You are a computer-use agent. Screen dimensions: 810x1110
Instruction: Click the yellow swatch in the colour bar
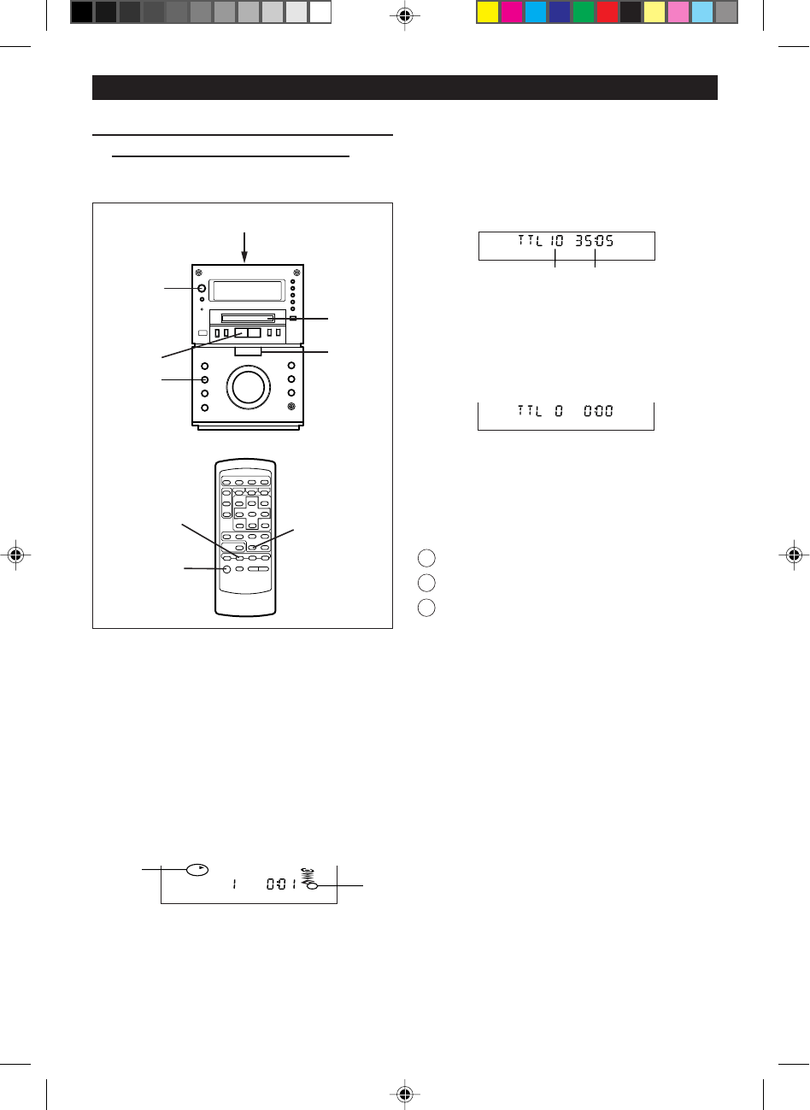click(x=488, y=12)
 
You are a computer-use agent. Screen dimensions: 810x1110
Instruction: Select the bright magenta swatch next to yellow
click(x=512, y=12)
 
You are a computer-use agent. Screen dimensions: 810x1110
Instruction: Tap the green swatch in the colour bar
click(x=583, y=12)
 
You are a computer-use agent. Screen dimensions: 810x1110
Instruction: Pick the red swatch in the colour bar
click(x=607, y=12)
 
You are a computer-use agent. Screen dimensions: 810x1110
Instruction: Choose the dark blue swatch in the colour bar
click(x=560, y=12)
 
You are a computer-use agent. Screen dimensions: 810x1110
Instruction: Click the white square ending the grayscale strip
click(x=320, y=12)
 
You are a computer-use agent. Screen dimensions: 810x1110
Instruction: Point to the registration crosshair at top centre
click(x=405, y=16)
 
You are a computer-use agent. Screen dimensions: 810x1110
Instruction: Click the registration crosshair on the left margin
click(x=16, y=555)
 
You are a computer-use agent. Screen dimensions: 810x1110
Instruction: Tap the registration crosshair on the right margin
click(x=794, y=555)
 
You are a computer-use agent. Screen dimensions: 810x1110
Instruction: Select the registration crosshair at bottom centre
click(x=405, y=1094)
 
